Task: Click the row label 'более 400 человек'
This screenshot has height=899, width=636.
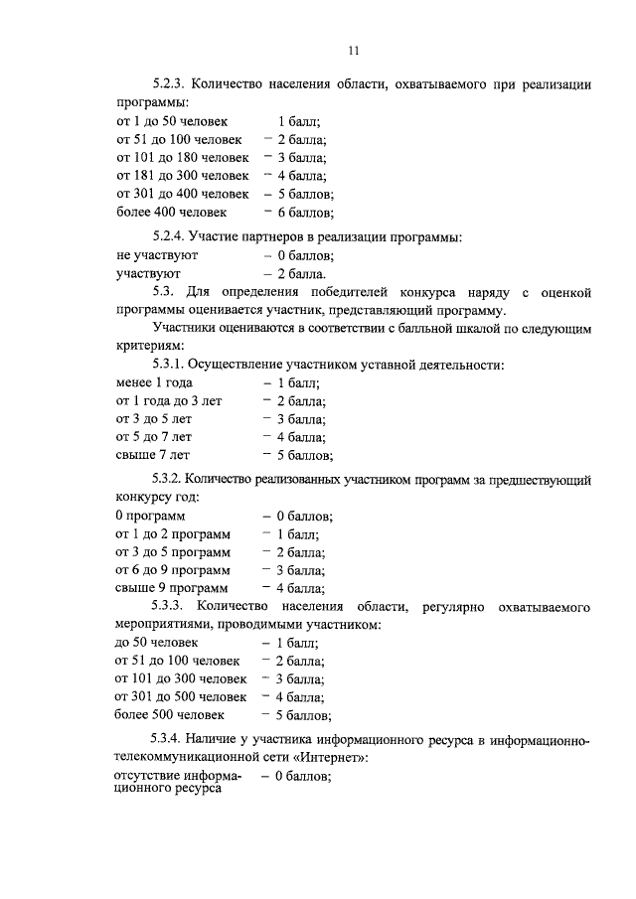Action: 171,212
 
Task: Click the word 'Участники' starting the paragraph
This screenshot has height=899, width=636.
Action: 183,328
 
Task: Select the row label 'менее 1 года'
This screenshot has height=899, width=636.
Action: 154,382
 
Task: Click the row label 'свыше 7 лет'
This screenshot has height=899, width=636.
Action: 151,455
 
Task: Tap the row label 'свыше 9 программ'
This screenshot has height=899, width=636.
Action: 170,588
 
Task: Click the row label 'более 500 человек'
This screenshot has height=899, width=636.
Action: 170,714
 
